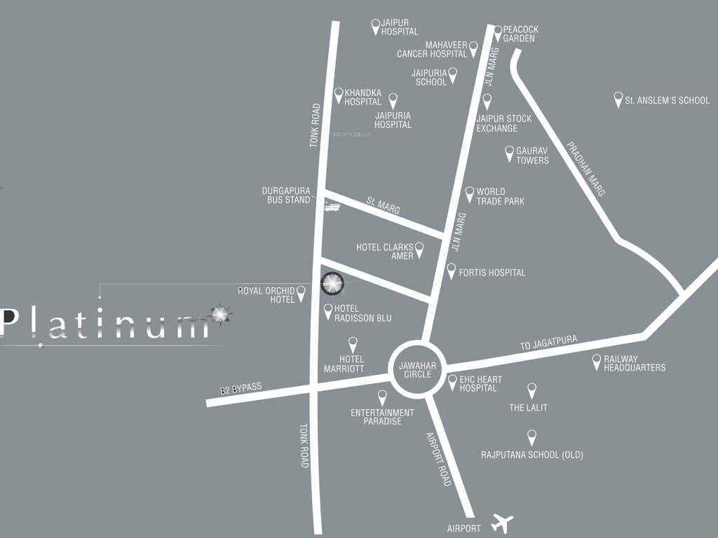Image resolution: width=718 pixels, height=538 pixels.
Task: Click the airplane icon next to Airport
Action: [502, 523]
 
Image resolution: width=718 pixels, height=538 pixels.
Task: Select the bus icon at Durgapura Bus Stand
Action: [332, 207]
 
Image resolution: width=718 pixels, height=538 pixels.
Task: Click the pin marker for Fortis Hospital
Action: [451, 270]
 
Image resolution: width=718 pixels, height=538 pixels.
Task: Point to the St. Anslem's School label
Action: [667, 100]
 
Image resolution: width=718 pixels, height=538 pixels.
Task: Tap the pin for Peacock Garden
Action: [497, 32]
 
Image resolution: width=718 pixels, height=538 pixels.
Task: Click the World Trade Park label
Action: [500, 196]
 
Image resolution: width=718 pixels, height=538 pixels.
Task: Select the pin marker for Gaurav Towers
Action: [510, 153]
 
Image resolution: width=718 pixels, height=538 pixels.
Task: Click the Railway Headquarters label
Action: [635, 364]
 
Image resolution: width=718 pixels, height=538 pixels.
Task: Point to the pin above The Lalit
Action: [531, 390]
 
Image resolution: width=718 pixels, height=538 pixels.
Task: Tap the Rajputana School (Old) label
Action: [531, 455]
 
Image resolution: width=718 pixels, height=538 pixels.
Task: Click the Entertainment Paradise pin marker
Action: [382, 397]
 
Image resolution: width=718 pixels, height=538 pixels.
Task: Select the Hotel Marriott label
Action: [344, 364]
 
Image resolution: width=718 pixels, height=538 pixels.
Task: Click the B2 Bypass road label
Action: [241, 389]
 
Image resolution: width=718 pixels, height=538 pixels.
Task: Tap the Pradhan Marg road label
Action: [585, 169]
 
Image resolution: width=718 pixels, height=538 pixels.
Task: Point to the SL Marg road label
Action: [383, 205]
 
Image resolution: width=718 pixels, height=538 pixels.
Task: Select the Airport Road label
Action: [439, 459]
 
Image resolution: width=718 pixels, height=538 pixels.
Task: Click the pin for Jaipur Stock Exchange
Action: [487, 101]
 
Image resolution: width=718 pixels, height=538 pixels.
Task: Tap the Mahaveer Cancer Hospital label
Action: [432, 49]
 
